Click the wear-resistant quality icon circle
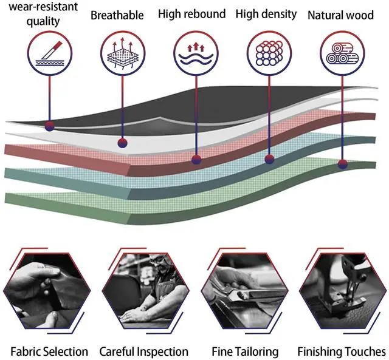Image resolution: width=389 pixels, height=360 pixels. click(x=49, y=53)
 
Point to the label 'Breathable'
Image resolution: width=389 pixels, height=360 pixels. click(x=117, y=15)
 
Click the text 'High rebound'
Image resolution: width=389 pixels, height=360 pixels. click(x=191, y=13)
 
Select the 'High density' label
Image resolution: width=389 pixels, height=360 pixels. click(x=266, y=13)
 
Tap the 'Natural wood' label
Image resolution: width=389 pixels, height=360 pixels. click(x=340, y=15)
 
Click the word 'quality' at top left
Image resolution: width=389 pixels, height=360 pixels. click(x=43, y=22)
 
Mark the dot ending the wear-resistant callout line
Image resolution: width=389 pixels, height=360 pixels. click(x=50, y=126)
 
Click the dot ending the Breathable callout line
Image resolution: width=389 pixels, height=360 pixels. click(x=122, y=143)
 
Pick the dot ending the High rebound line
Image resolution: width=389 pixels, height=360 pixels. click(x=196, y=160)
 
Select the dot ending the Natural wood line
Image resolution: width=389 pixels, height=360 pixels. click(x=343, y=163)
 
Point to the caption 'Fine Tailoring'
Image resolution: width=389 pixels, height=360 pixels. click(x=245, y=352)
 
